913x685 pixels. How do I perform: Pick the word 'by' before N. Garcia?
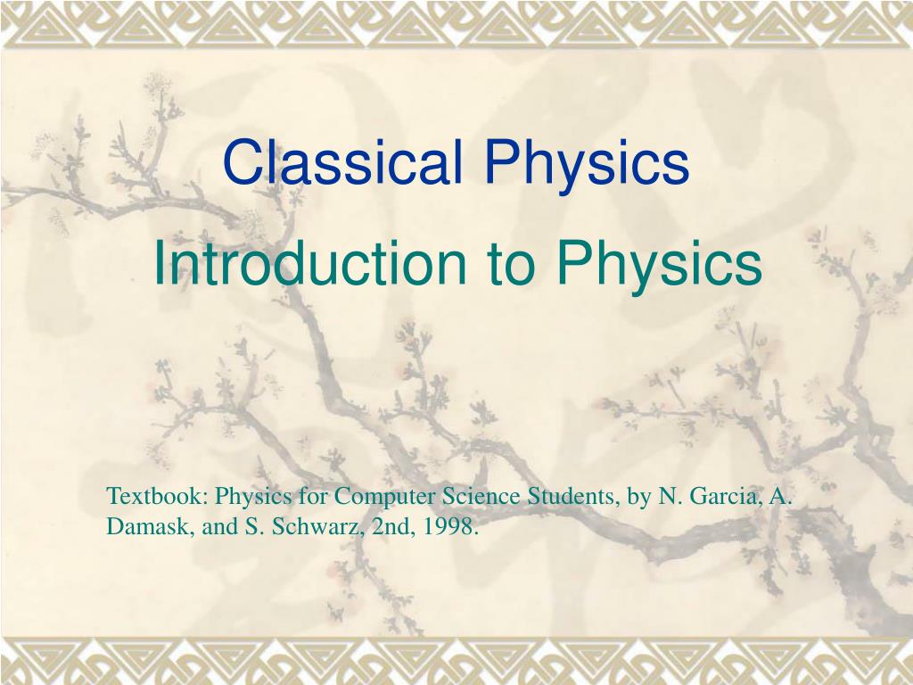[638, 497]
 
